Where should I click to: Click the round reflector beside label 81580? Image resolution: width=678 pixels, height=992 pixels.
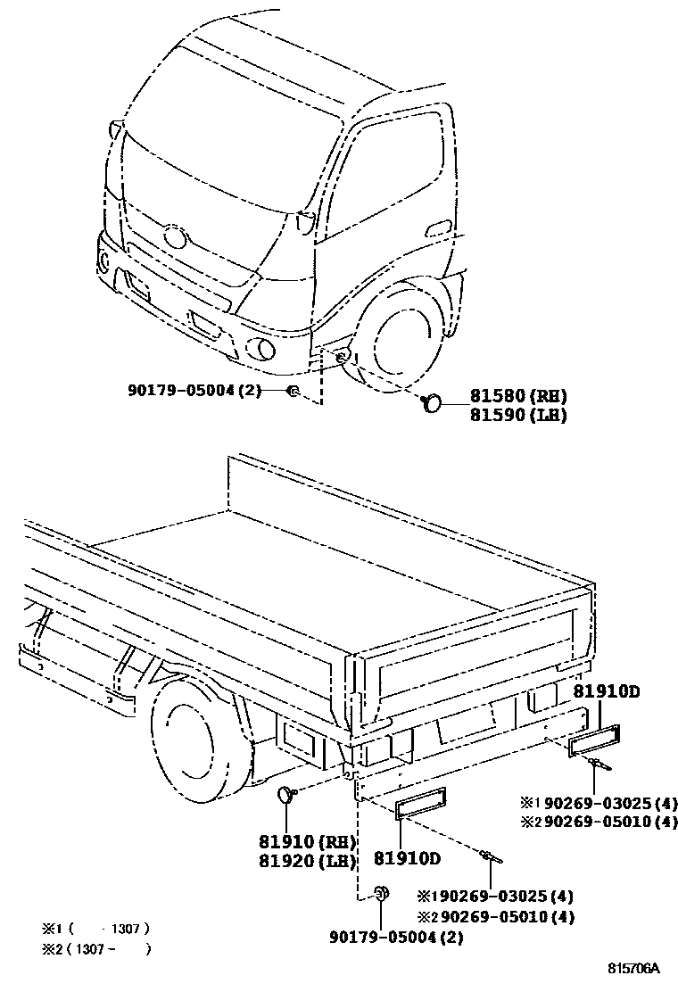point(433,403)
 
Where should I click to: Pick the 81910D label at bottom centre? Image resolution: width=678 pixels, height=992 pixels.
point(407,860)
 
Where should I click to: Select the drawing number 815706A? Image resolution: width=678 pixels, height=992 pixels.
point(634,968)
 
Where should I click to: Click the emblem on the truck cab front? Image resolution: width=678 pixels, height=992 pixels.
point(175,237)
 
